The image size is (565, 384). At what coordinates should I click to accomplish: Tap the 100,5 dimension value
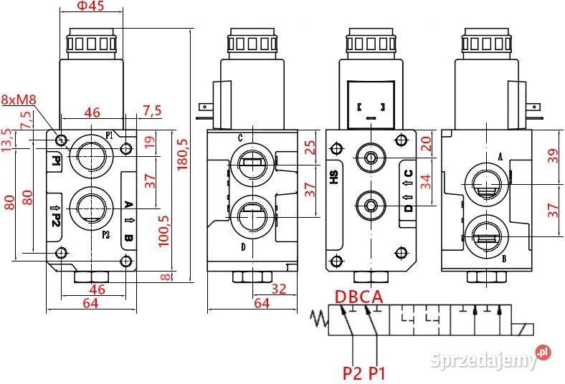(x=163, y=229)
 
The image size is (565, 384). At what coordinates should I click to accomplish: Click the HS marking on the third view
(x=333, y=177)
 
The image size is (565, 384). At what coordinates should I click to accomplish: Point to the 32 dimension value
(x=277, y=289)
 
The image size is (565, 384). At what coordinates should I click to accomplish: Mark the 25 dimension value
(x=310, y=148)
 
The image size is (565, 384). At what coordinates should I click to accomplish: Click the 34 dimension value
(x=427, y=182)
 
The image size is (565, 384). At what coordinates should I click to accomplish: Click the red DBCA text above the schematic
(x=359, y=297)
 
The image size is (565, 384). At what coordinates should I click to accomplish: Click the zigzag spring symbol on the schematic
(x=318, y=320)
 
